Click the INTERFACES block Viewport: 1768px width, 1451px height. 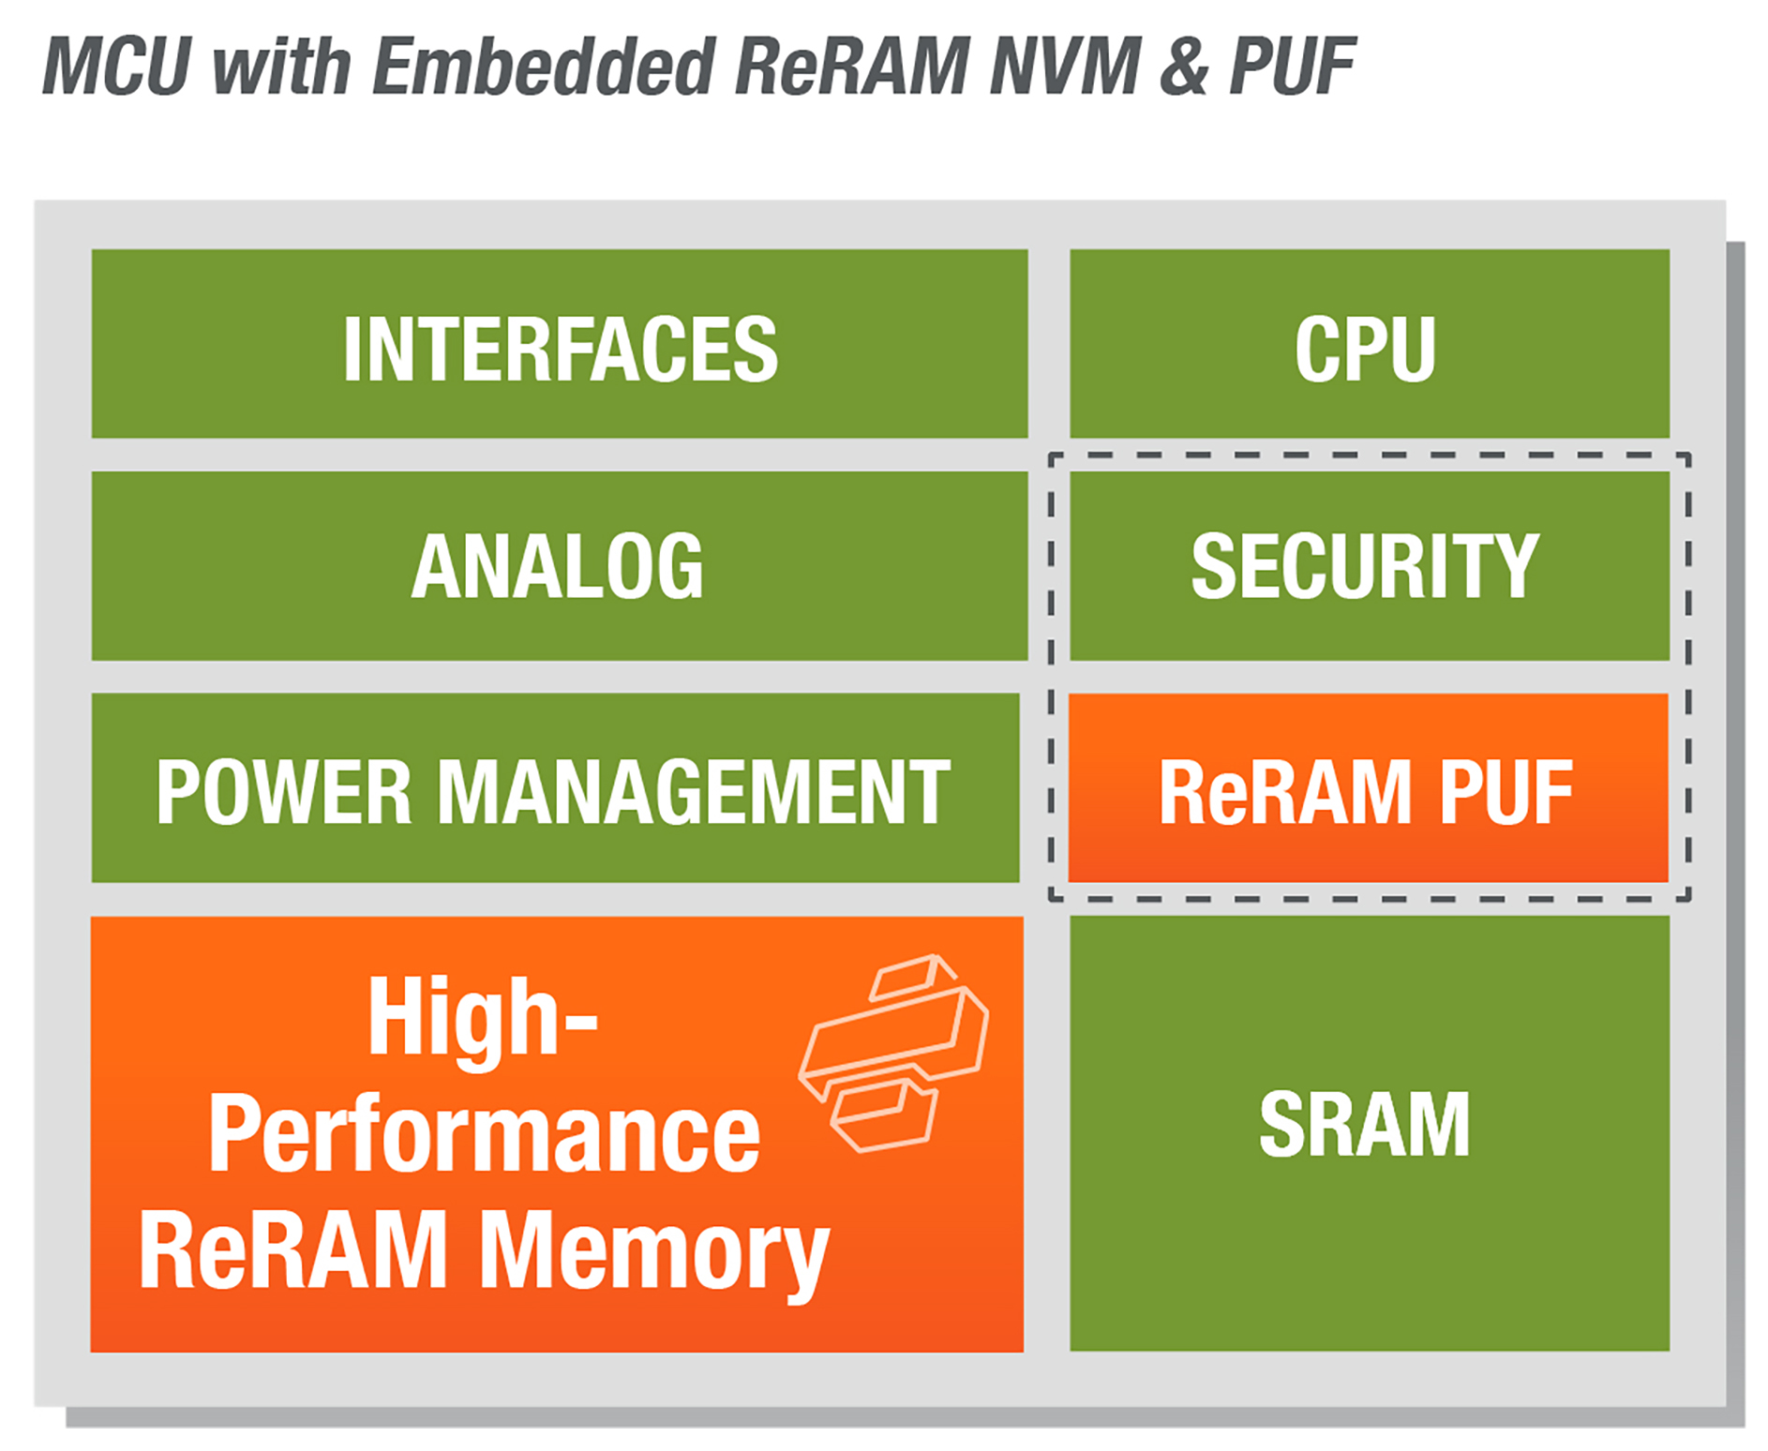coord(560,344)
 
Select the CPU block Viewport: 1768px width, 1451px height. coord(1369,344)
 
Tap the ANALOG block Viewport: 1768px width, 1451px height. coord(560,566)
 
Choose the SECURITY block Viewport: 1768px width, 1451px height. coord(1369,566)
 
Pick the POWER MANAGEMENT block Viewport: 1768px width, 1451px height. coord(555,788)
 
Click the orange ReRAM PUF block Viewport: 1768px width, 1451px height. coord(1368,788)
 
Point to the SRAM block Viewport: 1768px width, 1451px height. coord(1369,1132)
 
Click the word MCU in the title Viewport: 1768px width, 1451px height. coord(117,67)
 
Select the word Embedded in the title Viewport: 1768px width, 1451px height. coord(544,67)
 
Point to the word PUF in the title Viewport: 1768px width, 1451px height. coord(1293,67)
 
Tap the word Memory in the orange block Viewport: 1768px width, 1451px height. coord(654,1252)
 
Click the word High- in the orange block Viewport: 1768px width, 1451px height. coord(482,1018)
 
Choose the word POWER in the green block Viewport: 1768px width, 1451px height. coord(283,792)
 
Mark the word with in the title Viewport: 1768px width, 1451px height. coord(281,67)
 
